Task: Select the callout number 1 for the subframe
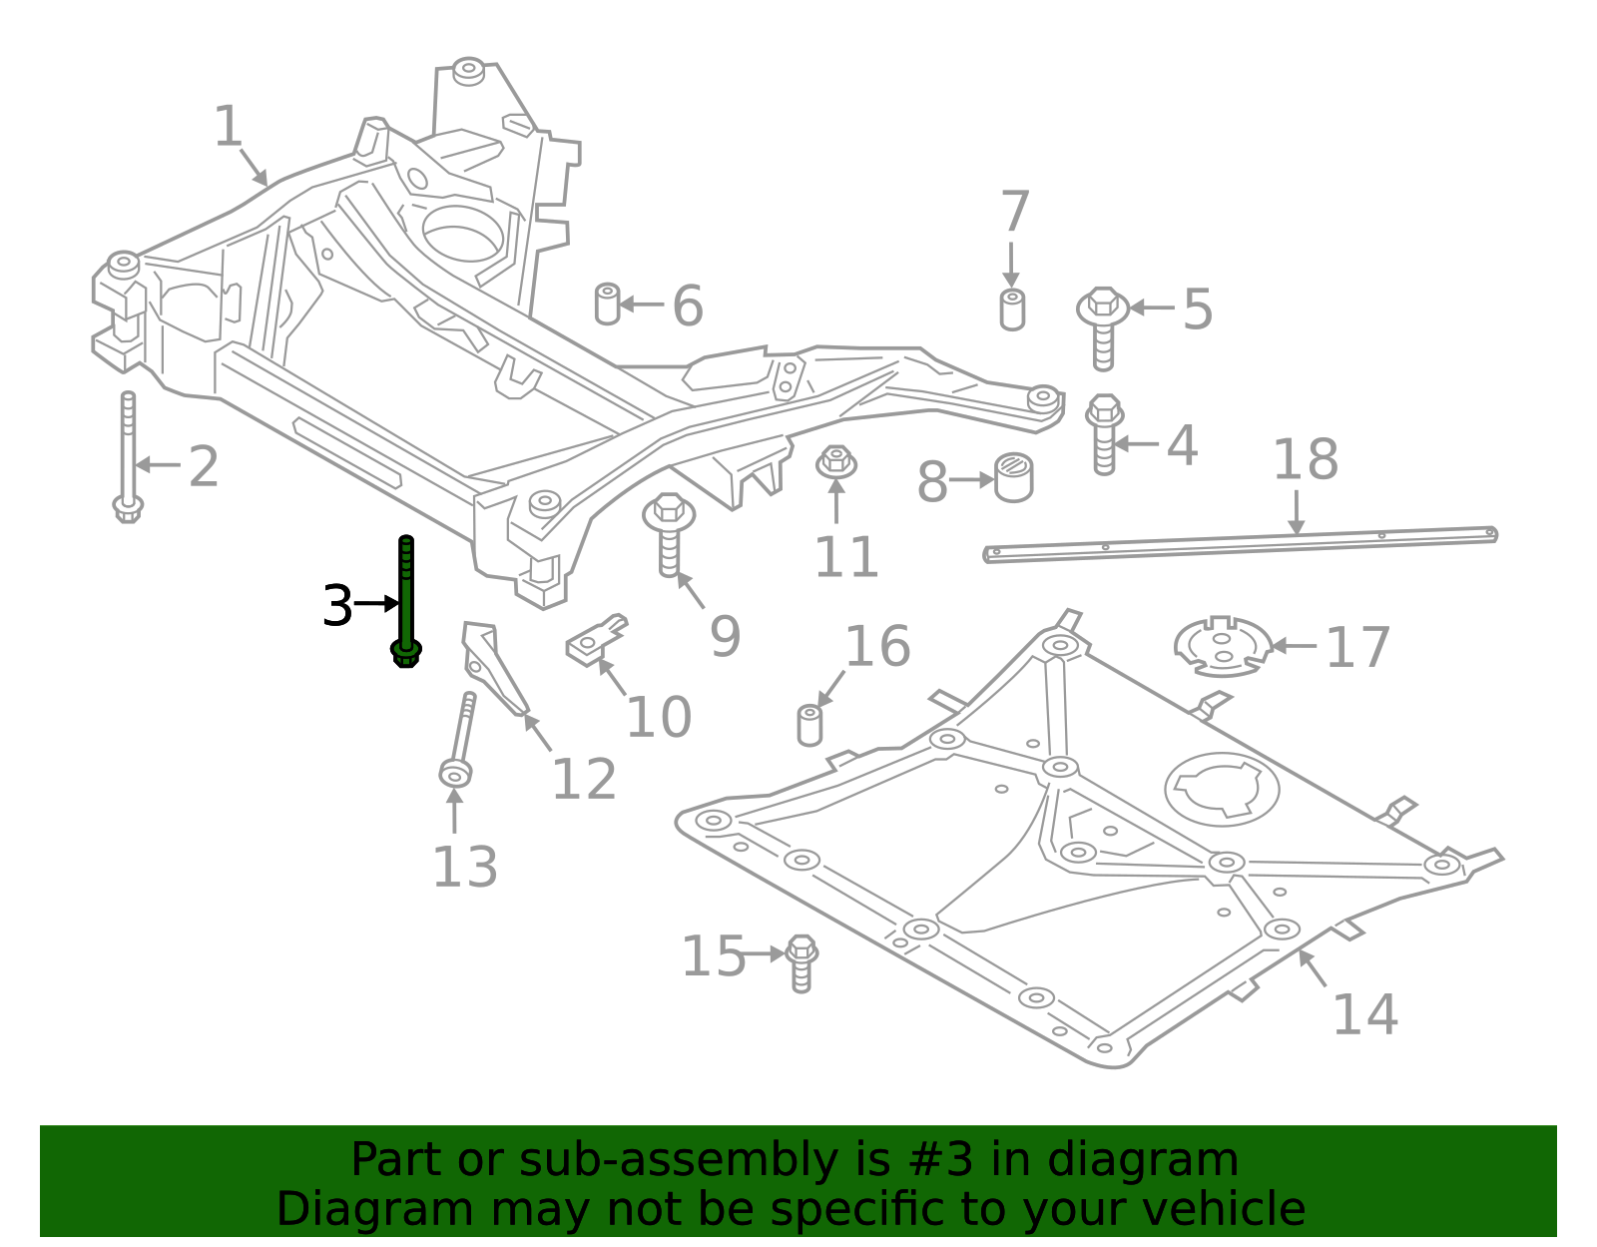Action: coord(229,127)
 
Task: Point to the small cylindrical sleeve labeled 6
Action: coord(607,304)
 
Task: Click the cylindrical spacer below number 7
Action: coord(1012,310)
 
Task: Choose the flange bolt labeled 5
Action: coord(1103,326)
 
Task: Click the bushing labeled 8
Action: coord(1014,477)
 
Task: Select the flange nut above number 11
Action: coord(836,462)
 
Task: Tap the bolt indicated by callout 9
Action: coord(669,533)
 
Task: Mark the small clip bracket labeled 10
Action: coord(596,640)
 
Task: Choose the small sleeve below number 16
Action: coord(809,725)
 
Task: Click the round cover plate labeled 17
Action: coord(1223,646)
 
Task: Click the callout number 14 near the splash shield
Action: coord(1364,1014)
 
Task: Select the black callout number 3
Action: coord(337,606)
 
